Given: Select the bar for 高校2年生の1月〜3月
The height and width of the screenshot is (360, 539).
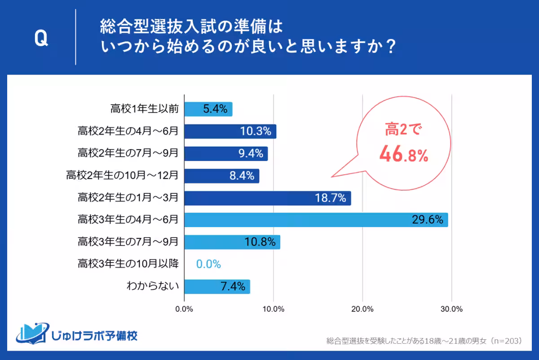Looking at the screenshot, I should pos(267,198).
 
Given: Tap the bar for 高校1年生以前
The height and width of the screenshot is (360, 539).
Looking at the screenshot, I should pos(208,109).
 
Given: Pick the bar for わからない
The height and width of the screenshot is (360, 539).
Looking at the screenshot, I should pos(217,286).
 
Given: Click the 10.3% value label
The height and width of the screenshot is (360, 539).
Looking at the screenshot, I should pos(255,132).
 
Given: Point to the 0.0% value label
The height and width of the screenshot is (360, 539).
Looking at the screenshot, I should pos(208,264).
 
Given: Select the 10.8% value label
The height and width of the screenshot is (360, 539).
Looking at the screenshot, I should pos(260,242).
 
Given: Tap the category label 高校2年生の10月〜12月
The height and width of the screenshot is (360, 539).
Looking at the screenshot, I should pos(122,176).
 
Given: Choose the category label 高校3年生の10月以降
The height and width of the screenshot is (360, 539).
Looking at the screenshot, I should pos(128,264).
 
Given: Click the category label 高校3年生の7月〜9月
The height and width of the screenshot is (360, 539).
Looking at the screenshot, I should pos(128,242).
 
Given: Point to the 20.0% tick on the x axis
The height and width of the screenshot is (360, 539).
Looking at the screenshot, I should pos(362,309).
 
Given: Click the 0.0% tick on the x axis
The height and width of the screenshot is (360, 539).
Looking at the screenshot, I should pos(184,309).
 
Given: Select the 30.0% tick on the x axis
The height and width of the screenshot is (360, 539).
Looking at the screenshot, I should pos(451,309).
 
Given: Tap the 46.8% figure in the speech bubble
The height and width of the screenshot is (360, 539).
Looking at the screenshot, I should pos(403,154).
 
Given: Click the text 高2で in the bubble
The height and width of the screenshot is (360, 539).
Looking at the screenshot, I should pos(403,131).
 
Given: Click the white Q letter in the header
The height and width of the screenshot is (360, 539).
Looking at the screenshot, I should pos(41,40).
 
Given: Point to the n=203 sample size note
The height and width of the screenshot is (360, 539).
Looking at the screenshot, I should pos(505,341).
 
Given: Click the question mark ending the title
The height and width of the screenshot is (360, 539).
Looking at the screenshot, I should pos(390,47).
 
